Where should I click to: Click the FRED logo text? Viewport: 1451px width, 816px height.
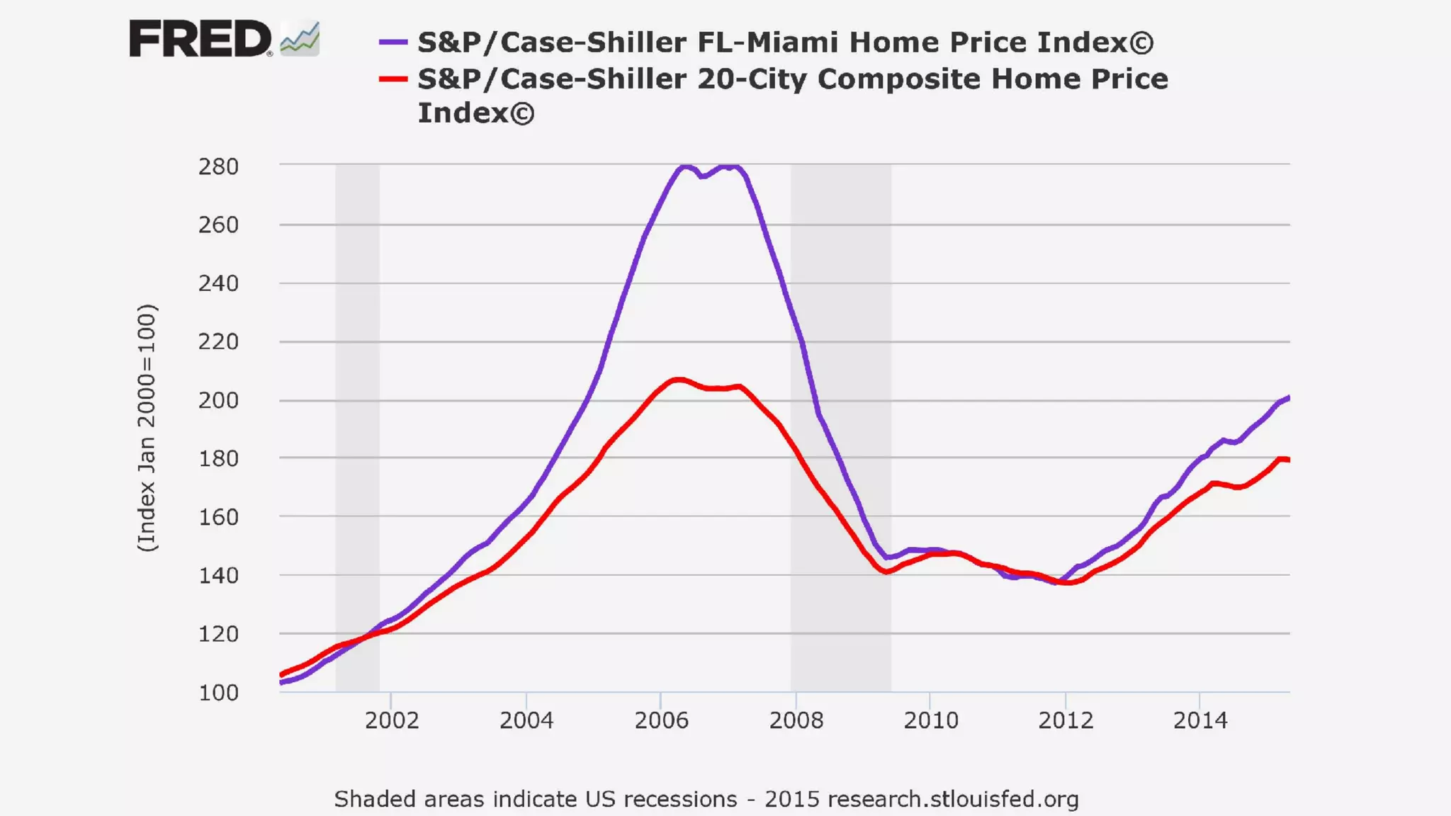[200, 39]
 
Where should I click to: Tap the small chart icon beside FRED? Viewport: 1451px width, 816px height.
[300, 39]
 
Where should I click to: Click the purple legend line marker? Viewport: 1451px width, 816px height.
[393, 42]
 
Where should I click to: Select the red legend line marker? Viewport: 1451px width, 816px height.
[393, 79]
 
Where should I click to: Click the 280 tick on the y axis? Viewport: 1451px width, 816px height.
[218, 167]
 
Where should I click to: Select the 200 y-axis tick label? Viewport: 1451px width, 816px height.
[218, 401]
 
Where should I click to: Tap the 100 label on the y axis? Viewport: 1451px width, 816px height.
[218, 693]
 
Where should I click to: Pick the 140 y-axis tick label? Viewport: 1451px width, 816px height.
[218, 576]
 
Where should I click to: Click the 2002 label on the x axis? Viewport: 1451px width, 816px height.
[392, 721]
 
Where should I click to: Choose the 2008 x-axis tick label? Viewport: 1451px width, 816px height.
[796, 721]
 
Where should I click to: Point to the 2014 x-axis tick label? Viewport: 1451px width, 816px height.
[1200, 721]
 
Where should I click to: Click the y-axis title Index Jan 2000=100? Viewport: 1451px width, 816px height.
[147, 428]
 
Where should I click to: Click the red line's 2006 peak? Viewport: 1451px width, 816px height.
[679, 380]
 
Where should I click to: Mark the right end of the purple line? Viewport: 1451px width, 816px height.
[1288, 398]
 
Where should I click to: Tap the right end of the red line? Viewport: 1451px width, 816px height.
[1288, 460]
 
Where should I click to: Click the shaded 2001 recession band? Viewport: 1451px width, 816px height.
[357, 425]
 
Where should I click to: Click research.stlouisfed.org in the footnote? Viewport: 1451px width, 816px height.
[953, 800]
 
